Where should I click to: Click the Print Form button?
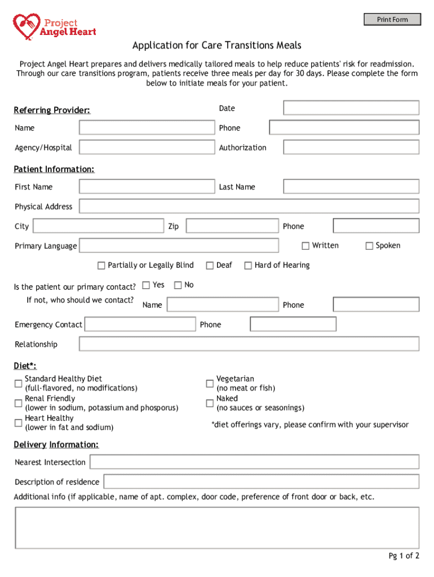(392, 20)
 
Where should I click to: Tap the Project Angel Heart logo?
(55, 25)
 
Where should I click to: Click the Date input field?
(351, 108)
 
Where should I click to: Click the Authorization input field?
(351, 148)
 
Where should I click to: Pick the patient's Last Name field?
(351, 187)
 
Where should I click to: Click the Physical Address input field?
(249, 206)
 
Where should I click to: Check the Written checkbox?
(305, 246)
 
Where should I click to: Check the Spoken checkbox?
(369, 246)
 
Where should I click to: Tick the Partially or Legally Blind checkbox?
(101, 265)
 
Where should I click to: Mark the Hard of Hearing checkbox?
(248, 265)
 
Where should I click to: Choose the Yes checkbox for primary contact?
(146, 285)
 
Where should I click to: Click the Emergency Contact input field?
(140, 325)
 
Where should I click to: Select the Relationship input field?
(249, 344)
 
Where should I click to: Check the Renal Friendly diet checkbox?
(19, 403)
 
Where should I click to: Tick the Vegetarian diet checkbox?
(210, 384)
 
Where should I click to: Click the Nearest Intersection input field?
(254, 462)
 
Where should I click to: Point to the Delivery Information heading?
(56, 445)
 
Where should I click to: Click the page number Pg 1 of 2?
(404, 556)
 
